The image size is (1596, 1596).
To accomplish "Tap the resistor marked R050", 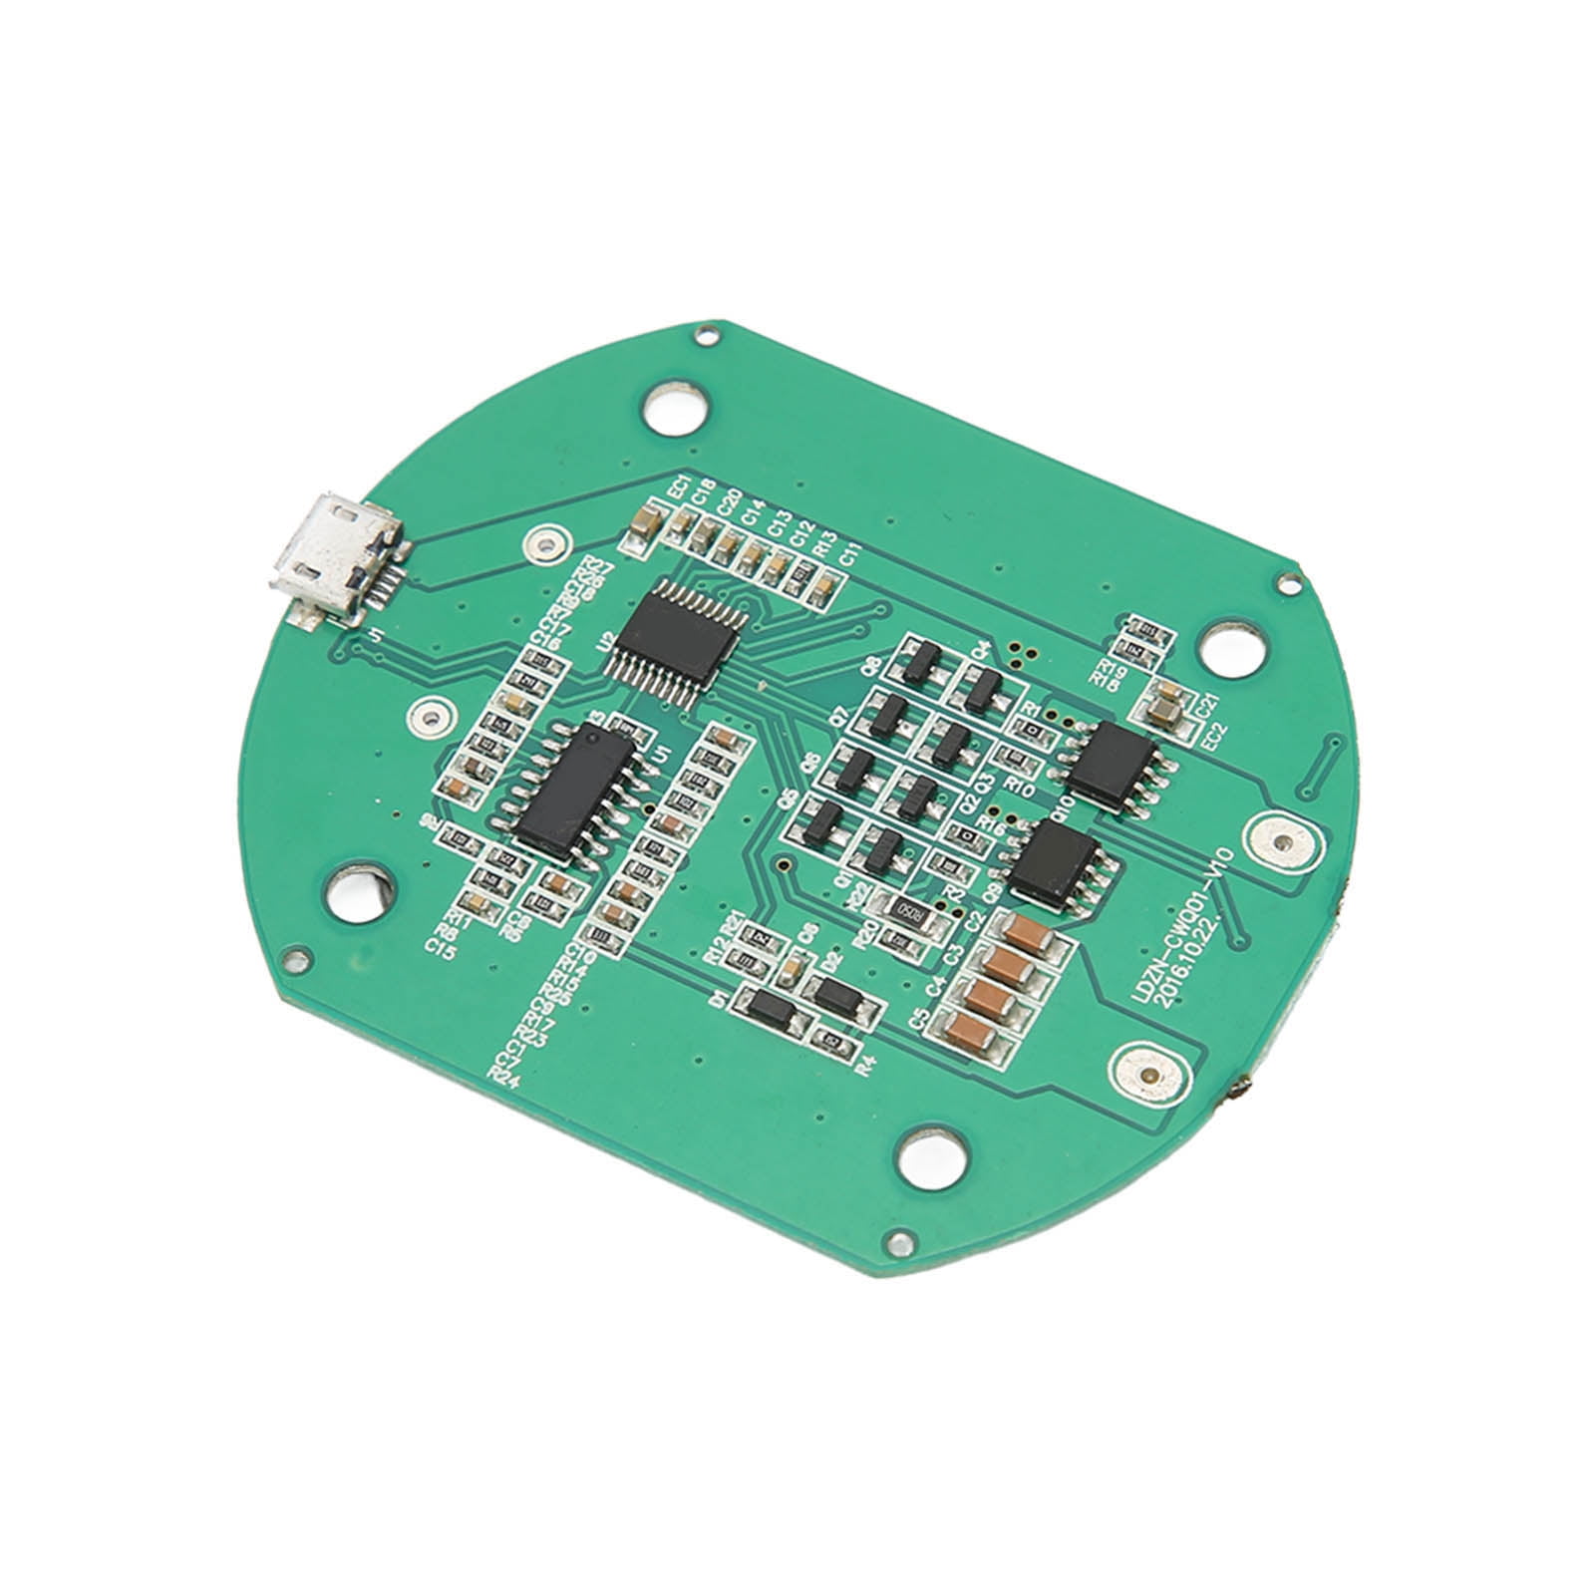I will (x=907, y=907).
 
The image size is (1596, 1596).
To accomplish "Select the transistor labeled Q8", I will (x=921, y=660).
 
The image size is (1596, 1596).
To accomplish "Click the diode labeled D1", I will (x=774, y=1009).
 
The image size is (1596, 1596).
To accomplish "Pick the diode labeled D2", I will (x=839, y=994).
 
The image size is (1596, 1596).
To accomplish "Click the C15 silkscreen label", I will (x=441, y=948).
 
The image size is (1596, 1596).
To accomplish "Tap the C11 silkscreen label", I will (x=849, y=557).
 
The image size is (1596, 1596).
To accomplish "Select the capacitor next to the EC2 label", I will (x=1163, y=704).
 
